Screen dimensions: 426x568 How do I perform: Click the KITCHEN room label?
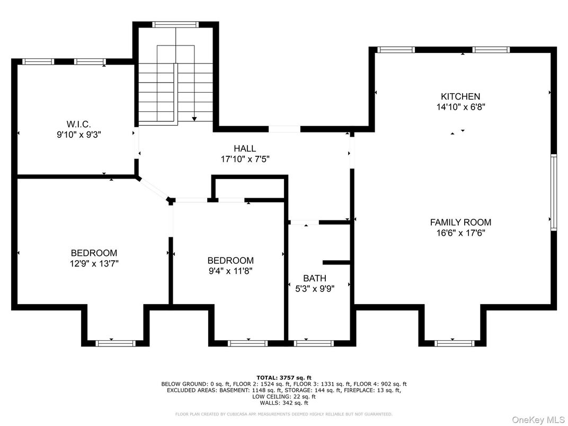coord(460,96)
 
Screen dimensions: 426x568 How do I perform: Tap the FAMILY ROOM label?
coord(460,223)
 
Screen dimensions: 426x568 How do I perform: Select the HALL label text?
coord(245,149)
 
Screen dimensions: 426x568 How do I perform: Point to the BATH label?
coord(315,278)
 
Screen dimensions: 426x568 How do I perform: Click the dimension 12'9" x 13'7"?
coord(94,263)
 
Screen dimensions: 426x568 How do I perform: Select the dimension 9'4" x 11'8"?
coord(230,271)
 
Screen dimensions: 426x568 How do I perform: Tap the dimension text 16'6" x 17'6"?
coord(460,233)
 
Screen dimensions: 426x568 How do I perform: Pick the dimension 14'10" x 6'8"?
coord(460,106)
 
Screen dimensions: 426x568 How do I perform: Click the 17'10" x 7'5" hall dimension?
coord(245,159)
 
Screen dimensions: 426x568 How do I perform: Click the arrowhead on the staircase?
coord(194,119)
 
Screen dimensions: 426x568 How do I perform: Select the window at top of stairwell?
coord(175,24)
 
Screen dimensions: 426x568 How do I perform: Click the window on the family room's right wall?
coord(553,192)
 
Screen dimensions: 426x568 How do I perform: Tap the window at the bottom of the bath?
coord(314,343)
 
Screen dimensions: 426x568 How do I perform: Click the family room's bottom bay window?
coord(454,343)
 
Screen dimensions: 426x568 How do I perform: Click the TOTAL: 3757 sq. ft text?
coord(284,378)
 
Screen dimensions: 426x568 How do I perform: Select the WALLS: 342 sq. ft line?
coord(284,403)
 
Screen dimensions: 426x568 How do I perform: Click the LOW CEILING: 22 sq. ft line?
coord(284,396)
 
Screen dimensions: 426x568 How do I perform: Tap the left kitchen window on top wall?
coord(396,50)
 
